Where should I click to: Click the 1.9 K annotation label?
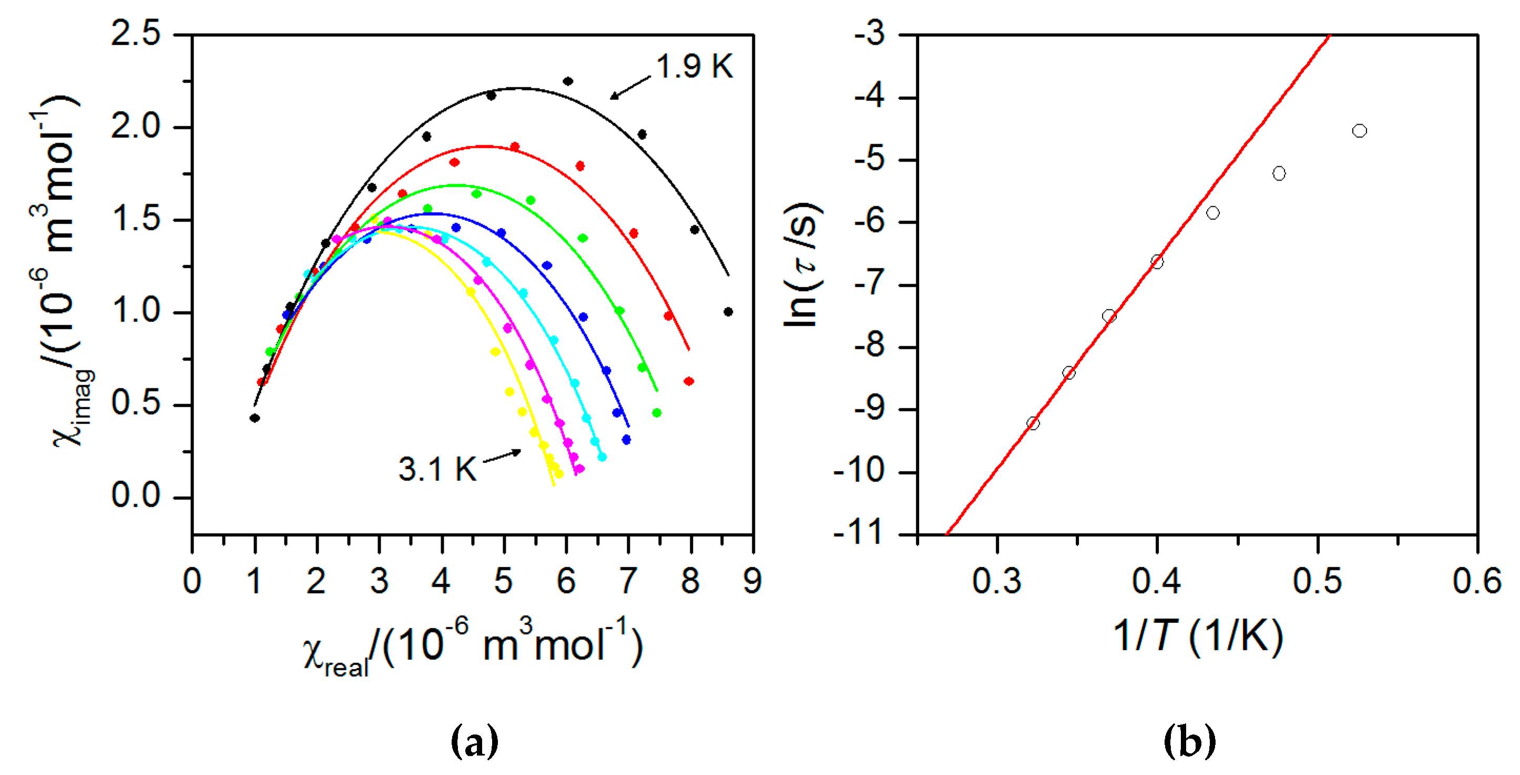pyautogui.click(x=695, y=66)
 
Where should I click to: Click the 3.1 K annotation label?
pyautogui.click(x=436, y=470)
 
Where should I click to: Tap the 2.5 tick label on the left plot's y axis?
pyautogui.click(x=136, y=33)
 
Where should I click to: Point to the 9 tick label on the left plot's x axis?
pyautogui.click(x=752, y=581)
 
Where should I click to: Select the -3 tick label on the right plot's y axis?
pyautogui.click(x=870, y=34)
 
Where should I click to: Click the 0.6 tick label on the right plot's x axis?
pyautogui.click(x=1476, y=581)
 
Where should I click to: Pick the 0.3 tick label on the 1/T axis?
pyautogui.click(x=997, y=581)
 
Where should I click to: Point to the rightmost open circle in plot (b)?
pyautogui.click(x=1360, y=131)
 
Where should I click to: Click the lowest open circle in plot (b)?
pyautogui.click(x=1033, y=423)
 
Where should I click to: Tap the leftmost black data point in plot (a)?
pyautogui.click(x=254, y=418)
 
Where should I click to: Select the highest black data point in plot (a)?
pyautogui.click(x=568, y=81)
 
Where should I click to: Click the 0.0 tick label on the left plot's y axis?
pyautogui.click(x=136, y=496)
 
